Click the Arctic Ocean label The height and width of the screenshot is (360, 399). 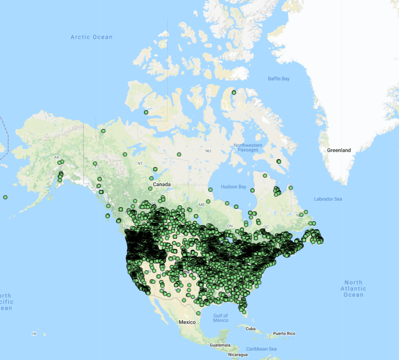point(92,37)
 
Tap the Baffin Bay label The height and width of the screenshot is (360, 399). point(279,79)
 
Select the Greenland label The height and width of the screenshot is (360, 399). point(339,150)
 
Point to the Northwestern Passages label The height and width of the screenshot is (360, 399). point(248,147)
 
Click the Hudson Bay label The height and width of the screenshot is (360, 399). point(234,187)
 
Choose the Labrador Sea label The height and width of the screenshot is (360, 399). point(328,199)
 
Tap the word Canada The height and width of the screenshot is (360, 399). point(162,185)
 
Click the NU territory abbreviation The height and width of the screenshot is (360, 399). point(208,151)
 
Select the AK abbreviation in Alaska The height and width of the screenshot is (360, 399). point(57,157)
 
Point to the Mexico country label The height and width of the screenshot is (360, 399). point(187,322)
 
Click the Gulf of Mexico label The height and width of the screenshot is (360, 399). point(221,318)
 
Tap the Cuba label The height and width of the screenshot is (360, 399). point(251,329)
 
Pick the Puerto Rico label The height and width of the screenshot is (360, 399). point(284,333)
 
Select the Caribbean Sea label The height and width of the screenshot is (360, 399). point(261,349)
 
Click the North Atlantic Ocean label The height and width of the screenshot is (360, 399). point(354,288)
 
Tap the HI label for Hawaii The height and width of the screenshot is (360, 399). point(34,334)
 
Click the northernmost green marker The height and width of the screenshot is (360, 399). point(234,92)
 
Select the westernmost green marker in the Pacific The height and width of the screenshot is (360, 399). point(5,197)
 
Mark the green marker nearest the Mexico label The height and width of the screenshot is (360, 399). point(198,313)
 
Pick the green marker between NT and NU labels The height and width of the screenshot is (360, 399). point(179,154)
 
